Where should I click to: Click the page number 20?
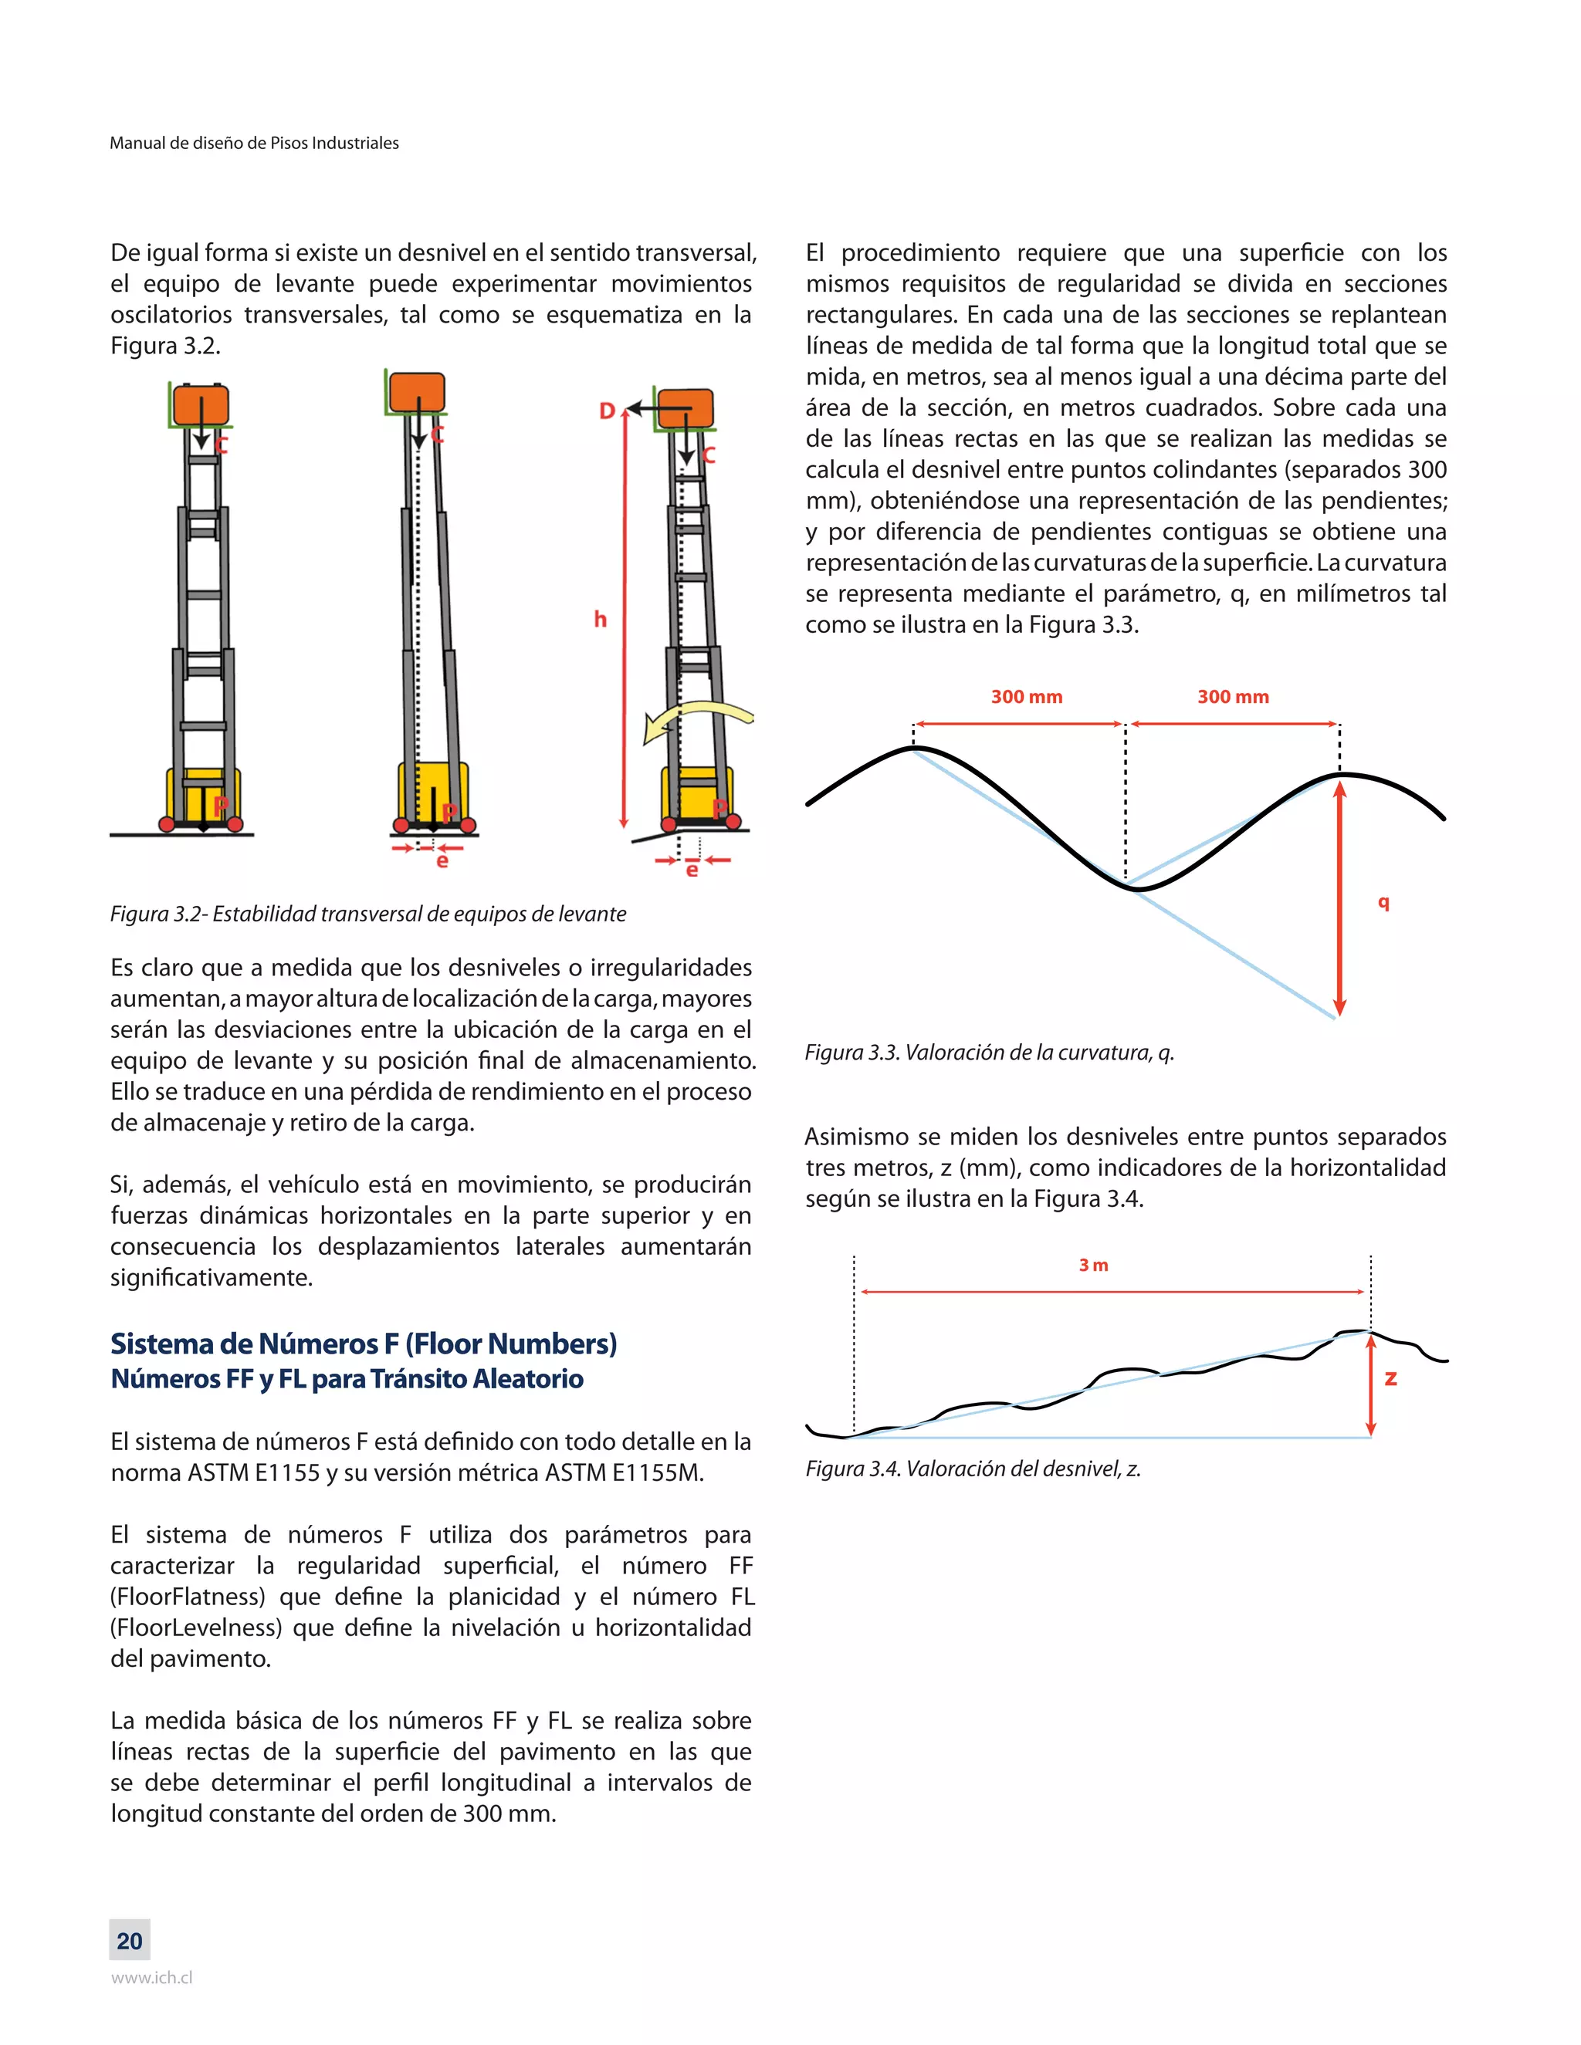[129, 1941]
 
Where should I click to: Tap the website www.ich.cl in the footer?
[152, 1979]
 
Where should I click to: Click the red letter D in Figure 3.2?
[607, 411]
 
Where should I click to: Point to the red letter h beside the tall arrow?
[601, 619]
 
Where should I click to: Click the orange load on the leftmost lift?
[201, 405]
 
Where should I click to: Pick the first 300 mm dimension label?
[1027, 697]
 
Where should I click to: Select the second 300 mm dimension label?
[1233, 697]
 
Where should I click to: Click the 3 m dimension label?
[1093, 1265]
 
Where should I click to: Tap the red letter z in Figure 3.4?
[1391, 1377]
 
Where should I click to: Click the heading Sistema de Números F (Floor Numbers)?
[364, 1344]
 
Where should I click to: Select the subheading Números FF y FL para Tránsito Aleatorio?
[347, 1379]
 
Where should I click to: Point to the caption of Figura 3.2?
[368, 914]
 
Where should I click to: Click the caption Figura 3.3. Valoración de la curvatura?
[989, 1053]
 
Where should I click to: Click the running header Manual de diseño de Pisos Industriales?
[254, 144]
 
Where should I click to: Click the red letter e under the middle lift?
[442, 860]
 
